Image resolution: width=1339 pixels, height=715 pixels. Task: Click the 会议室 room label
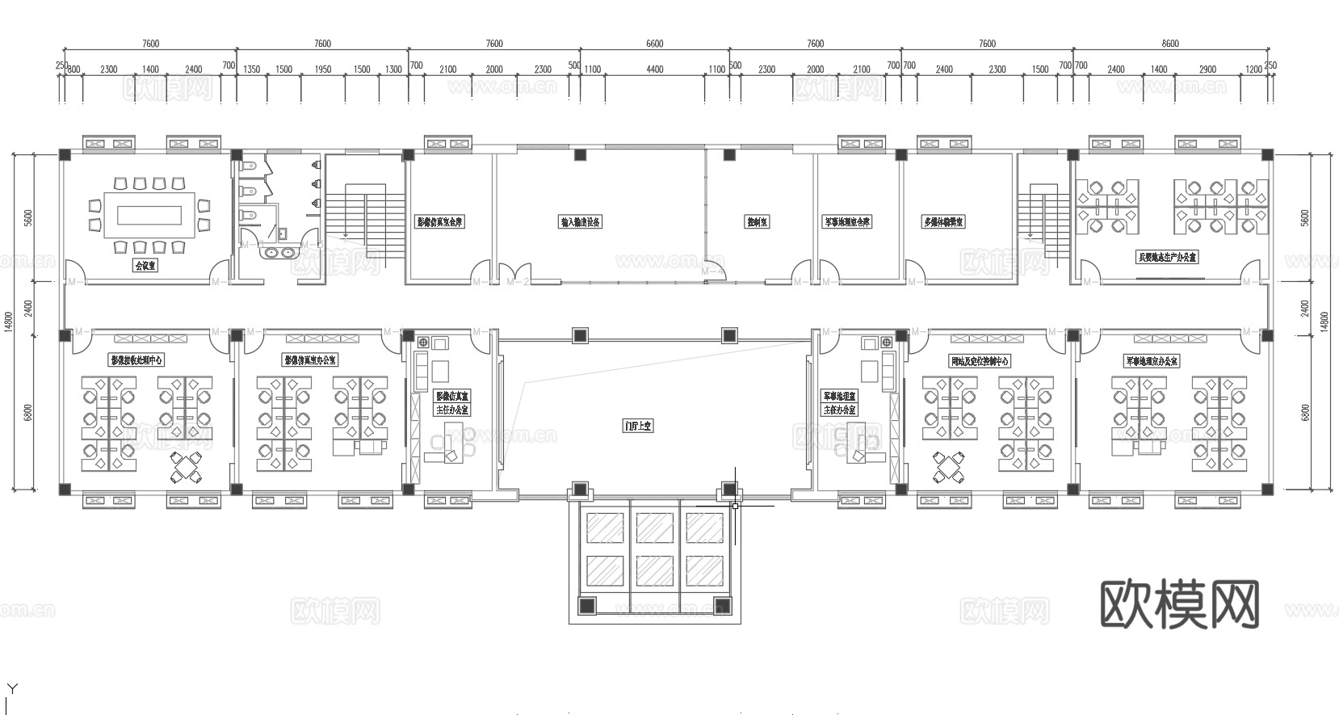tap(145, 264)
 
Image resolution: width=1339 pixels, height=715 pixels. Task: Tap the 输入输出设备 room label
tap(581, 221)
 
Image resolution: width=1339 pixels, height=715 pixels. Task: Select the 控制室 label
tap(757, 221)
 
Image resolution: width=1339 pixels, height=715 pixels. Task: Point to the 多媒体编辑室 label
tap(943, 221)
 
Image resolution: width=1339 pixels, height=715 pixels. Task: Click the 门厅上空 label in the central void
tap(638, 425)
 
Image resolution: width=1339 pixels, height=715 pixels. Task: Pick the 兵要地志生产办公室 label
tap(1167, 258)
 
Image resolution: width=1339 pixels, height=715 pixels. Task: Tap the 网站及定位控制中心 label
tap(980, 361)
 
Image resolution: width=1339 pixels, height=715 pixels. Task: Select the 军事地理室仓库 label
tap(846, 221)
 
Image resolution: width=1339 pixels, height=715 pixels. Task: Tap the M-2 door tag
tap(518, 282)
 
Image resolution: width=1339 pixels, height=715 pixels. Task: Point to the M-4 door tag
tap(711, 272)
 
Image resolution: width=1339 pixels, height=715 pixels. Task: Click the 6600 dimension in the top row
tap(654, 44)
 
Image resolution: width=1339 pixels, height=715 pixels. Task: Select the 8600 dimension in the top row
tap(1169, 44)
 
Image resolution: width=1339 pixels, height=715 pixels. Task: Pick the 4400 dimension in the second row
tap(655, 69)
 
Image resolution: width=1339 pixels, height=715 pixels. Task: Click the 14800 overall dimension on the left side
tap(8, 322)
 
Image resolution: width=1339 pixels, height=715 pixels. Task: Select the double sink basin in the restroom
tap(279, 252)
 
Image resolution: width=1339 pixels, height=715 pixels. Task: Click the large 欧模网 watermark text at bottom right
tap(1180, 605)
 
